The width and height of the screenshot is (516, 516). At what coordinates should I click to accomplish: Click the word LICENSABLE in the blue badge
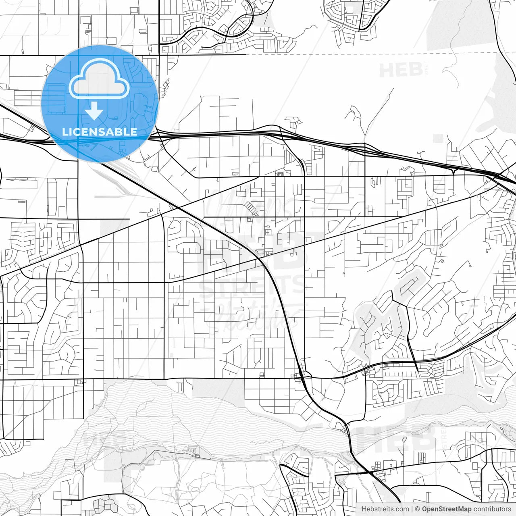pos(100,132)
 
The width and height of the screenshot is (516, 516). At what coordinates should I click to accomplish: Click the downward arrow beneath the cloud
pos(94,111)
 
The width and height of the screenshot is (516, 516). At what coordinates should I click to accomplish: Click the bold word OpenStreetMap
pos(447,509)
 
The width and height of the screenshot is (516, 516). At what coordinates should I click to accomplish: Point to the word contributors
pos(492,509)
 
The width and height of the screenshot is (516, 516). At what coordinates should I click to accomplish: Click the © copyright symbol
pos(418,509)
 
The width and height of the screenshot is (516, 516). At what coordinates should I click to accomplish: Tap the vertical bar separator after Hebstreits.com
pos(412,509)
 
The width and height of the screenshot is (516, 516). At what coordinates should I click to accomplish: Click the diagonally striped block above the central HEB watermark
pos(252,208)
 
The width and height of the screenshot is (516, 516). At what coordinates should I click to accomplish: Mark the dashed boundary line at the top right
pos(363,54)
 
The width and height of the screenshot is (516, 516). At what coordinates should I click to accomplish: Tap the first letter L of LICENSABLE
pos(64,132)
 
